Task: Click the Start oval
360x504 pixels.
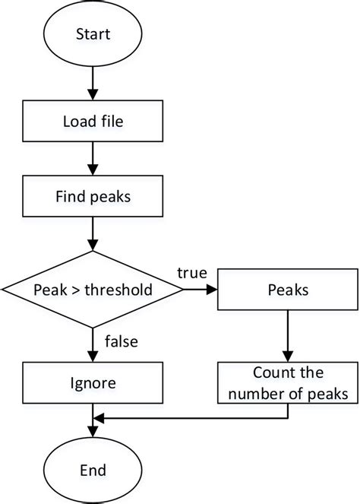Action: (93, 34)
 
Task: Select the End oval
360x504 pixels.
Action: (93, 469)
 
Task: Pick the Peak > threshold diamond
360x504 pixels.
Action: (93, 290)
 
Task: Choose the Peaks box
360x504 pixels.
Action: (287, 290)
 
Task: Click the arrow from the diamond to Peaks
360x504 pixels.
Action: (201, 290)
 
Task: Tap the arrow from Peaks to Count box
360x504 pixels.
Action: (287, 334)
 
